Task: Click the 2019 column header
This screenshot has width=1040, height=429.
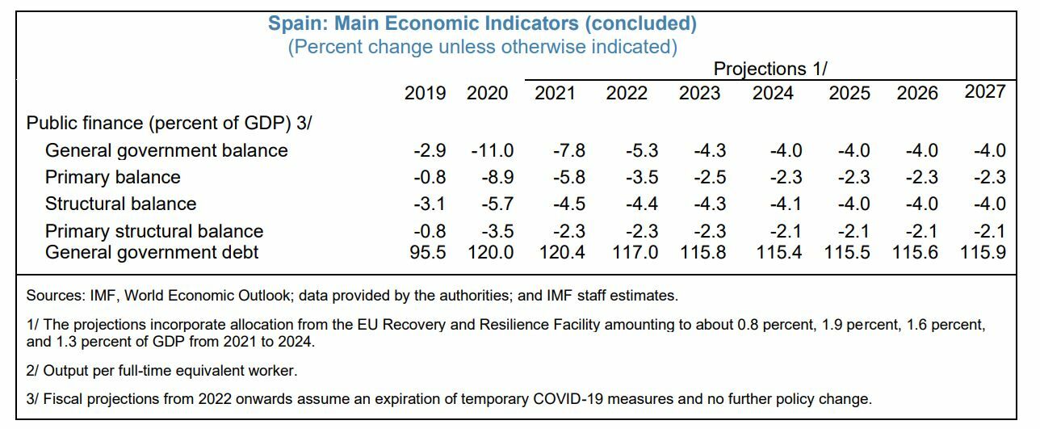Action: click(425, 93)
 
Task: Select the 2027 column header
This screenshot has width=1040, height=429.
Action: click(985, 91)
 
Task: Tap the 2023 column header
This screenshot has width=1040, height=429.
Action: click(699, 93)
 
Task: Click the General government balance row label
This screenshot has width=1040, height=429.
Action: click(166, 150)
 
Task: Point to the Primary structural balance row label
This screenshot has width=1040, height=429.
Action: click(154, 232)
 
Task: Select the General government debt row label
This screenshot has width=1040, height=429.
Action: click(152, 252)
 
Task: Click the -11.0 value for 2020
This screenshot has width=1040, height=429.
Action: click(492, 150)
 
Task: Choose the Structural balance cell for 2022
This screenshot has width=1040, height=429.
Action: click(641, 204)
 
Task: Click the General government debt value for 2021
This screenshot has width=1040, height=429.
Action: click(562, 252)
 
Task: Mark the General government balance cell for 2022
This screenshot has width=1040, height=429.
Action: click(641, 150)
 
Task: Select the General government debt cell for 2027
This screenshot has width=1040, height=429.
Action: click(983, 252)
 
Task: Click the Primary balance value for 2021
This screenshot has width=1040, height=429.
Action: click(568, 177)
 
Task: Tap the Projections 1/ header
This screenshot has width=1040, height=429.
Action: click(770, 69)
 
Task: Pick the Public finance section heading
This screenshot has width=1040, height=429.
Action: click(169, 123)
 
